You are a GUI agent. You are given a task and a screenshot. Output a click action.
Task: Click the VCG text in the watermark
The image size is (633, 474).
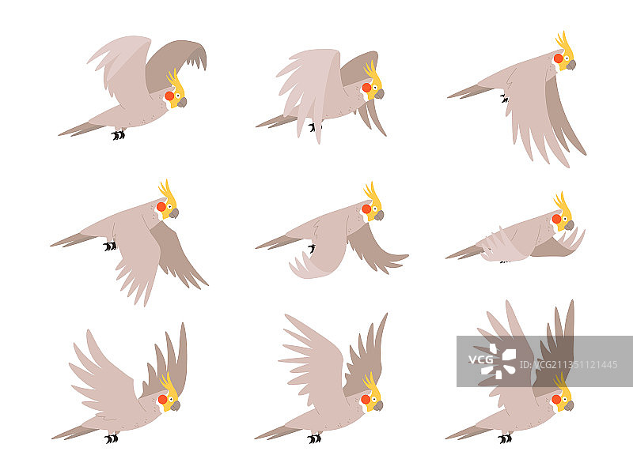[480, 359]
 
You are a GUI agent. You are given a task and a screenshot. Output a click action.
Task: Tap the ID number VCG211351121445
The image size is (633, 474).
[569, 365]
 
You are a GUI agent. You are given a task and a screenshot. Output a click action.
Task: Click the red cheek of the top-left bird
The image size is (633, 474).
[169, 96]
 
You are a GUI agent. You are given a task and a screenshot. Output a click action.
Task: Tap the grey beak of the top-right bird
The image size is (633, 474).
[570, 66]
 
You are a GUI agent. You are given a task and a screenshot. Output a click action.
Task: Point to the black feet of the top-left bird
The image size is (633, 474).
[118, 134]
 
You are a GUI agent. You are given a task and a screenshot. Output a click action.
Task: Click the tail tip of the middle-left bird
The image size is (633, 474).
[51, 245]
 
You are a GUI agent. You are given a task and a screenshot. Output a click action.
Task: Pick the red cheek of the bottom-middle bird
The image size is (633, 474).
[366, 400]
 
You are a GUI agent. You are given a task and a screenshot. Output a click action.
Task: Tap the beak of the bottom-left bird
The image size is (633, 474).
[175, 406]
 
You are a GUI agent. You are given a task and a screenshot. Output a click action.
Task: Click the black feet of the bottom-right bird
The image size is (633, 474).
[505, 438]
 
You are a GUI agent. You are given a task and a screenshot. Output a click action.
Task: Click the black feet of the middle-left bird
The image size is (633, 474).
[110, 246]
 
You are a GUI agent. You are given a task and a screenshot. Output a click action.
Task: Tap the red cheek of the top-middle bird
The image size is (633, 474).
[366, 88]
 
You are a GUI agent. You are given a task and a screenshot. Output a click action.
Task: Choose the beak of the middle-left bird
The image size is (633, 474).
[174, 213]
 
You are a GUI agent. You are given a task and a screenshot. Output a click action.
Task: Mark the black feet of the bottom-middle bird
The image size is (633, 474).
[314, 438]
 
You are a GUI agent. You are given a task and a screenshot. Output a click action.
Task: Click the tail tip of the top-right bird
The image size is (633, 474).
[449, 97]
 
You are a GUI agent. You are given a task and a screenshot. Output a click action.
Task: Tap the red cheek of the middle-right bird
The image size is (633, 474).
[557, 219]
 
